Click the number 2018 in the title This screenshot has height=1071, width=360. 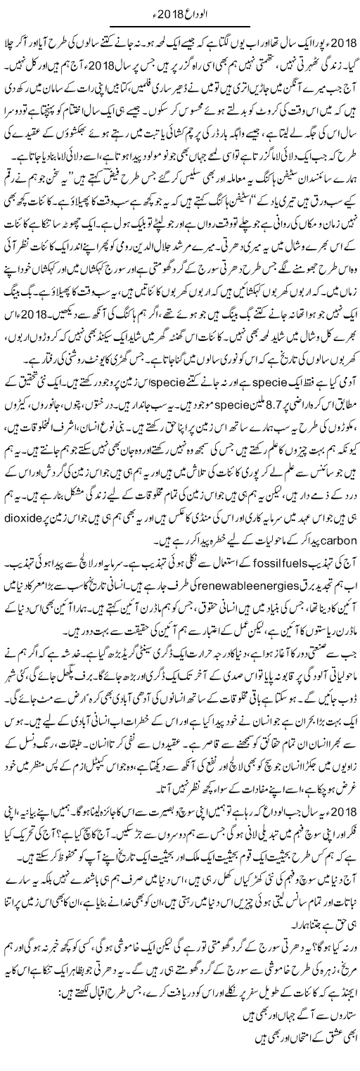[x=172, y=11]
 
